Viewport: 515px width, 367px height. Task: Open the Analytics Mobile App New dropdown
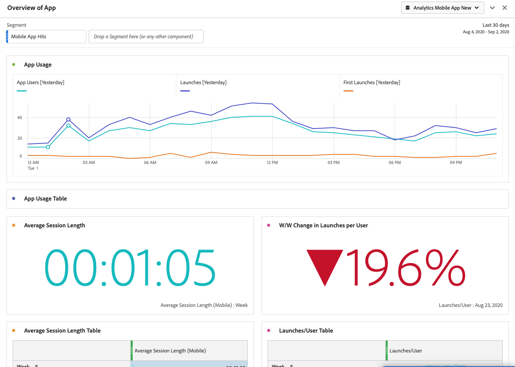click(x=442, y=8)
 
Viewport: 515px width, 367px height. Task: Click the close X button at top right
click(x=505, y=8)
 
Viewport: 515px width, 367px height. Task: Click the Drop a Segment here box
click(x=146, y=37)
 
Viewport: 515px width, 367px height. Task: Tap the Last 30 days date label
click(x=495, y=25)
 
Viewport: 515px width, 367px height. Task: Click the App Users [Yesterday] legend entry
click(x=41, y=83)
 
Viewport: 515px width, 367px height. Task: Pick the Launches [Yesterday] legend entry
click(x=203, y=83)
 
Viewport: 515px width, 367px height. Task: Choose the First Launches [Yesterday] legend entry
click(x=372, y=83)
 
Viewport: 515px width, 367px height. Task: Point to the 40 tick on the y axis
click(x=20, y=118)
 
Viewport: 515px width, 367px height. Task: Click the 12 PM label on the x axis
click(x=272, y=163)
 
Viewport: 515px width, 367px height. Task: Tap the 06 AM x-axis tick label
click(x=150, y=163)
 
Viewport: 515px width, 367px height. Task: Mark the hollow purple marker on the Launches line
click(x=68, y=119)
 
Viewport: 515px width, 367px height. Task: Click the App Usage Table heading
click(x=45, y=199)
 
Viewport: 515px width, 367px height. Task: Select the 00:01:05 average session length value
click(x=130, y=268)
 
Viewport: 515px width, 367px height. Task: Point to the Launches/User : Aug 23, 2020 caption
click(x=471, y=305)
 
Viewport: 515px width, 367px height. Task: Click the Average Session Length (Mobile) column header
click(x=170, y=351)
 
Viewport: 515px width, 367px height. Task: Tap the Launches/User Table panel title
click(x=306, y=331)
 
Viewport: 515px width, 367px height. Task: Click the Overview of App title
click(x=31, y=8)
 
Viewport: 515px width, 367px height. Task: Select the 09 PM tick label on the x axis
click(x=456, y=163)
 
